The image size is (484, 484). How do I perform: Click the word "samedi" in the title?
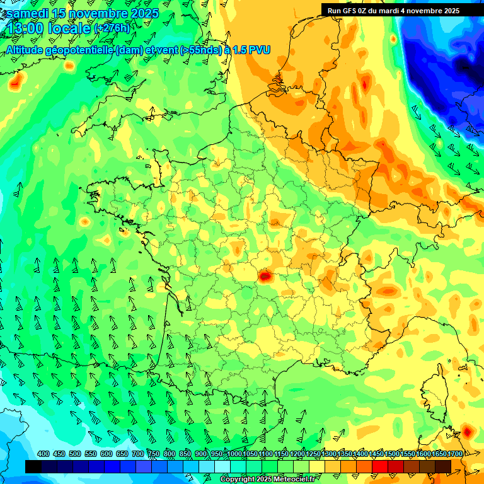point(30,13)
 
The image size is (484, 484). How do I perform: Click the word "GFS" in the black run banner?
point(349,11)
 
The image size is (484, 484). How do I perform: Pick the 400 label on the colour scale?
point(43,454)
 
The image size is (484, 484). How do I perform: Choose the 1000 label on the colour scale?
point(234,454)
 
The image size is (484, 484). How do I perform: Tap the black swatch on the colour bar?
point(33,466)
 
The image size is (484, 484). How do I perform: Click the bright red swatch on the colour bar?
point(380,466)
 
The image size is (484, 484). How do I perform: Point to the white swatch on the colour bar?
point(222,466)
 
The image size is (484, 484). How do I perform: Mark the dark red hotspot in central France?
point(265,275)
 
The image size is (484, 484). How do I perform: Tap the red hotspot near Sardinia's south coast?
point(468,432)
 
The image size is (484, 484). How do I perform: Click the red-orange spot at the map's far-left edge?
point(15,81)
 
